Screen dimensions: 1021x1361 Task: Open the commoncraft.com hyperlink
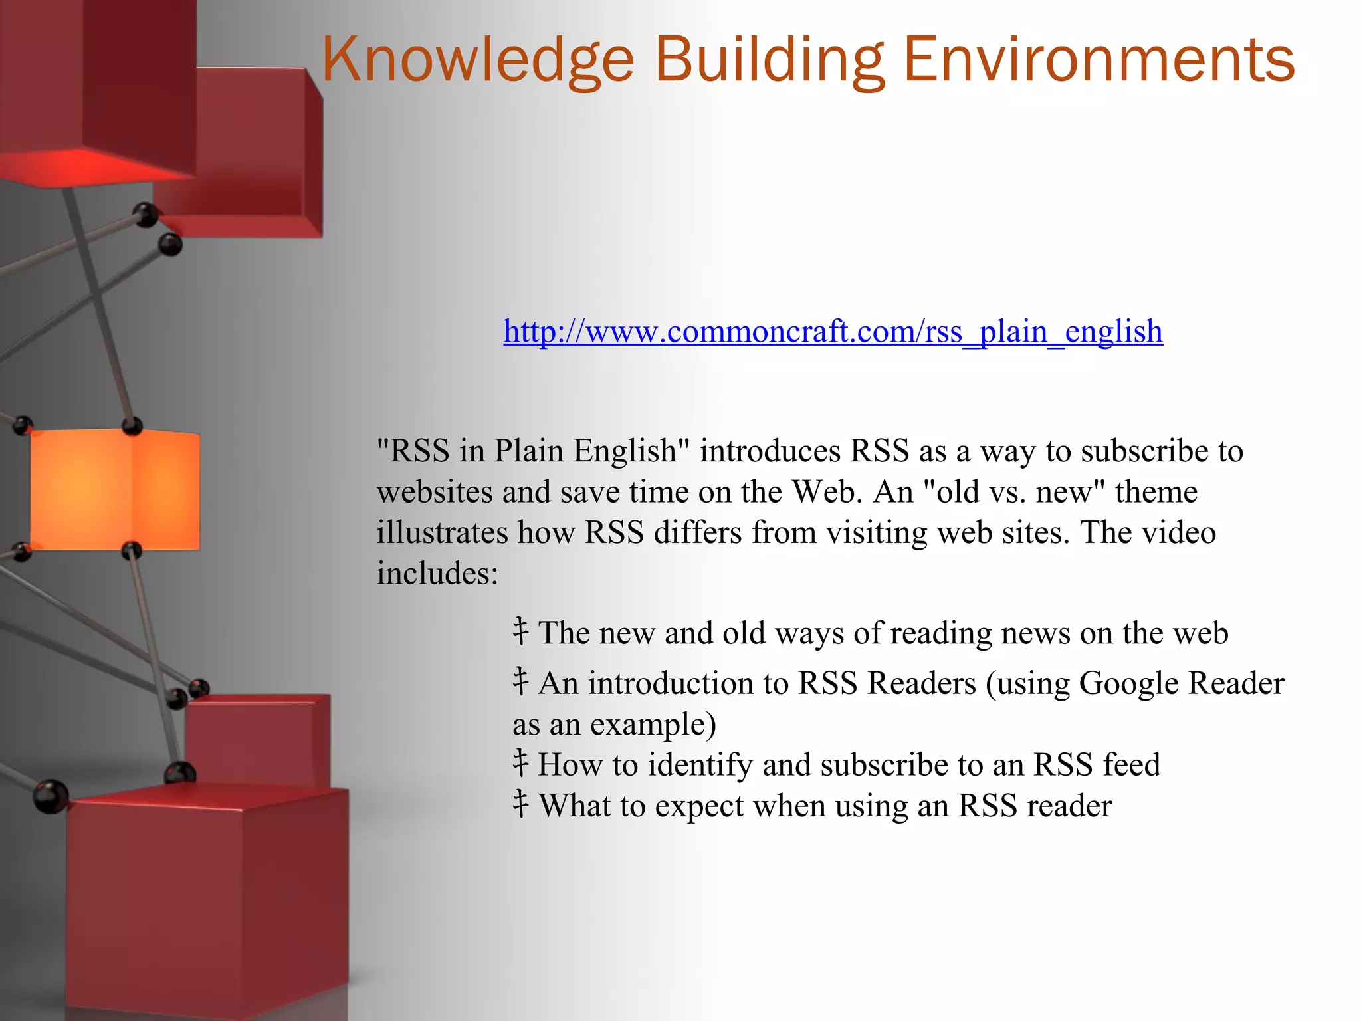(x=833, y=331)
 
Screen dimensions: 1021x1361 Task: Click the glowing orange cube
(x=114, y=490)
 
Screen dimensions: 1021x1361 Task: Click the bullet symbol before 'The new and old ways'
(x=520, y=631)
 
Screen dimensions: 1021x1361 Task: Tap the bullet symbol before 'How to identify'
(x=520, y=764)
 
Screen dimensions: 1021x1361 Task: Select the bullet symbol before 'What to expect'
(x=520, y=804)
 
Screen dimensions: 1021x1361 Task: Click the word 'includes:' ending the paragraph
(x=437, y=574)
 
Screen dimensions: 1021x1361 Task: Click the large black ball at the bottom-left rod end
(x=51, y=796)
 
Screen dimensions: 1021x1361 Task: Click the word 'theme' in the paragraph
(x=1156, y=493)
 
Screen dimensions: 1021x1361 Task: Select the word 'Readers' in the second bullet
(x=922, y=683)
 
